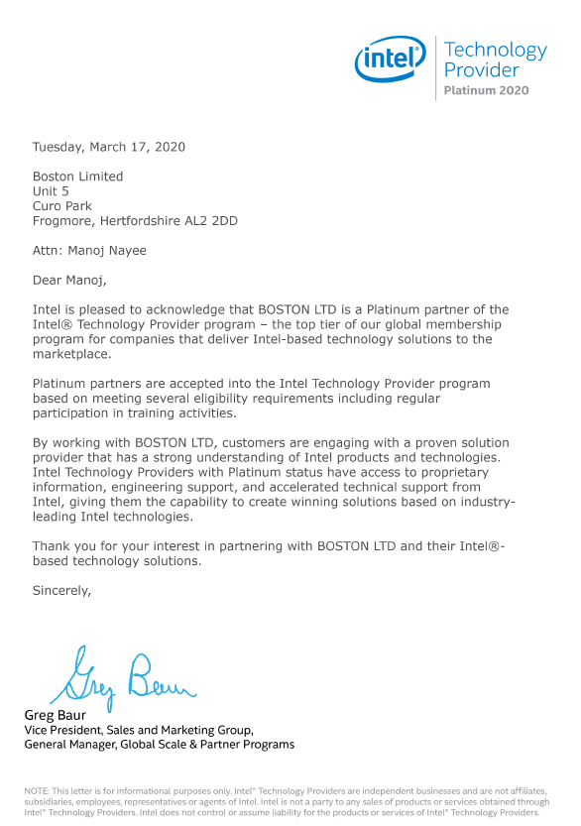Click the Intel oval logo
[390, 61]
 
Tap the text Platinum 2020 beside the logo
[486, 90]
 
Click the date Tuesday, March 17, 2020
[108, 147]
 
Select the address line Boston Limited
[77, 177]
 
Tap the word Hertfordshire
[138, 221]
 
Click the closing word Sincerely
[61, 590]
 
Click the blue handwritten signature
[122, 679]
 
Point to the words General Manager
[71, 744]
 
